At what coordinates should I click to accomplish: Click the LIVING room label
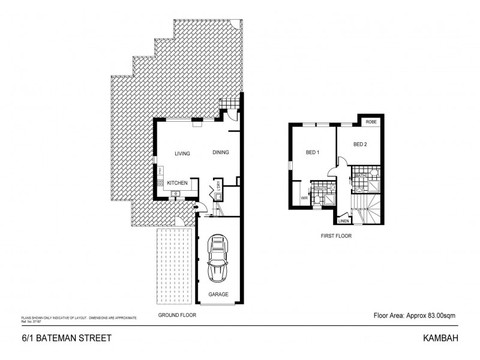(x=182, y=154)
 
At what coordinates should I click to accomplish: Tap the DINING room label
(x=220, y=153)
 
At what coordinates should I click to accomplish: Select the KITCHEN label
(x=178, y=182)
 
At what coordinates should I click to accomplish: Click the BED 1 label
(x=313, y=152)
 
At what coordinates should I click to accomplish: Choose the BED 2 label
(x=359, y=144)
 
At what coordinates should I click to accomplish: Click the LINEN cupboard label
(x=344, y=221)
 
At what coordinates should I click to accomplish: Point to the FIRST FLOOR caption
(x=335, y=236)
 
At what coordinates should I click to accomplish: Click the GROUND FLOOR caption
(x=176, y=315)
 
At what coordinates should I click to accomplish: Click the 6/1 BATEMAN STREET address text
(x=58, y=338)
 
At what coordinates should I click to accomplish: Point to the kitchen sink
(x=175, y=194)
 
